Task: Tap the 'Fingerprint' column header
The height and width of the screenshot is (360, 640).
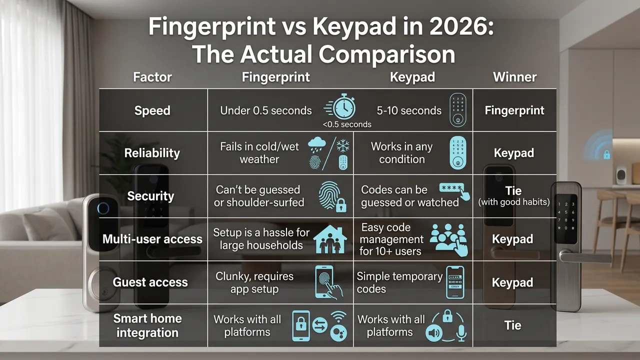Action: [275, 77]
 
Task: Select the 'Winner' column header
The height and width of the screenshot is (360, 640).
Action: [514, 77]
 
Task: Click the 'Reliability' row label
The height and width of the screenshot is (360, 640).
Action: [152, 153]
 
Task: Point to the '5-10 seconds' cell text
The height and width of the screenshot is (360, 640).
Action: [409, 110]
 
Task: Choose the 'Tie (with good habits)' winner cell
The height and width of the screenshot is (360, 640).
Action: [513, 195]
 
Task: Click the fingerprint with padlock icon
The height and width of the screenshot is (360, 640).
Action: [332, 196]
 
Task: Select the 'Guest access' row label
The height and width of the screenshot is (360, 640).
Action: [150, 282]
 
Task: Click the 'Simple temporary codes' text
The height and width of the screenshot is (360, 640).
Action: [399, 282]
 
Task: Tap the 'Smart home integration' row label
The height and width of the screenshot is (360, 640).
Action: [147, 325]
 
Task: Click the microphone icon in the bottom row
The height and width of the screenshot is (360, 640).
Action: [460, 332]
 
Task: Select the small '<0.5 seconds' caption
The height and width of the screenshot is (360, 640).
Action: [347, 124]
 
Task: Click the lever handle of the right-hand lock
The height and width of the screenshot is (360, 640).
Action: [585, 256]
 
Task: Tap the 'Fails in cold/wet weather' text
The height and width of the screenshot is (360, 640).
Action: [259, 153]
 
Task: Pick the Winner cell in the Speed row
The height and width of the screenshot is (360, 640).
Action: [514, 110]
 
